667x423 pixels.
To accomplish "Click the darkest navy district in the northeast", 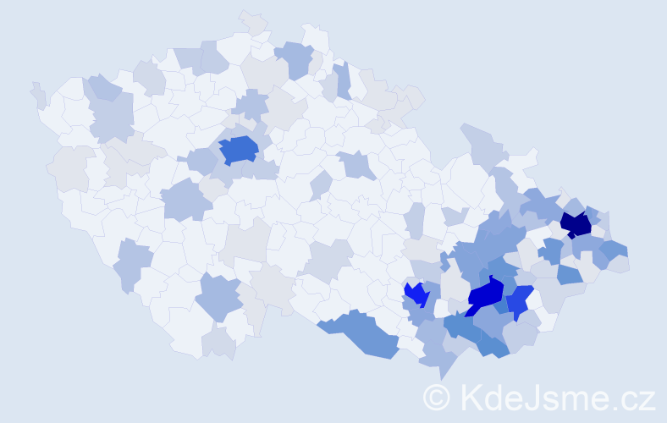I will click(577, 225).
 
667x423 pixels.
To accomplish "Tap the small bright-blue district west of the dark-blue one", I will click(416, 294).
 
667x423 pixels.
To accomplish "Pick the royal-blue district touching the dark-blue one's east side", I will click(518, 300).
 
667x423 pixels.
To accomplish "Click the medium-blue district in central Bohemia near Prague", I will click(238, 150).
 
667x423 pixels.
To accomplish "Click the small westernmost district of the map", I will click(38, 96).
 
